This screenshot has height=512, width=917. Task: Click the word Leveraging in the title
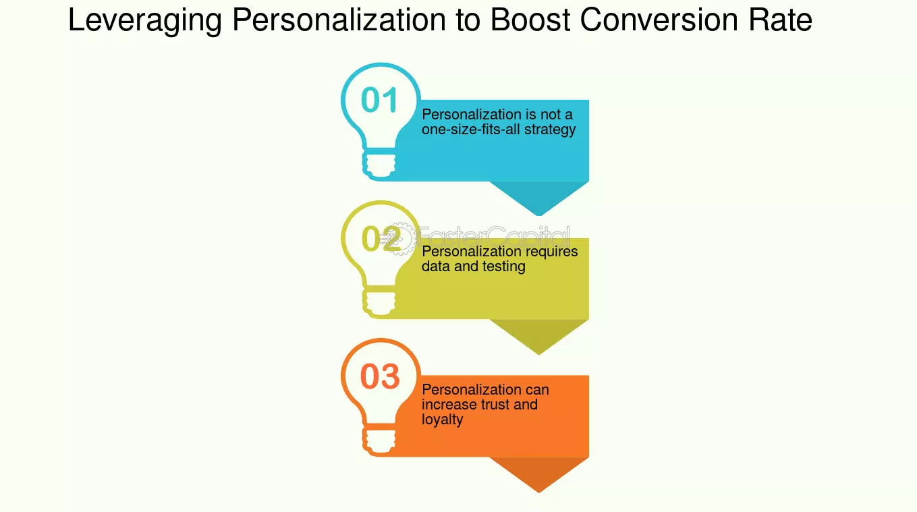(145, 20)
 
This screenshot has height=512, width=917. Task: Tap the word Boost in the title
(530, 20)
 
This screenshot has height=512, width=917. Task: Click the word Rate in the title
(780, 20)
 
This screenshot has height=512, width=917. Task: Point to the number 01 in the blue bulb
(379, 100)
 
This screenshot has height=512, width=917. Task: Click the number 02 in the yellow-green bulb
(381, 238)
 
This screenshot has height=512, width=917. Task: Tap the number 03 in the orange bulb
(379, 376)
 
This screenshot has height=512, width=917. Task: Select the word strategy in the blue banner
(550, 130)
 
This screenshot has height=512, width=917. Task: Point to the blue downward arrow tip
(538, 215)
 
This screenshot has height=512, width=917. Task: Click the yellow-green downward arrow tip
(538, 353)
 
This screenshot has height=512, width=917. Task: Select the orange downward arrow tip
(538, 492)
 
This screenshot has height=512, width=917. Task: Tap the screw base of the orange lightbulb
(379, 441)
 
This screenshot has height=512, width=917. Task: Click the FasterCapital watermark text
(494, 237)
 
